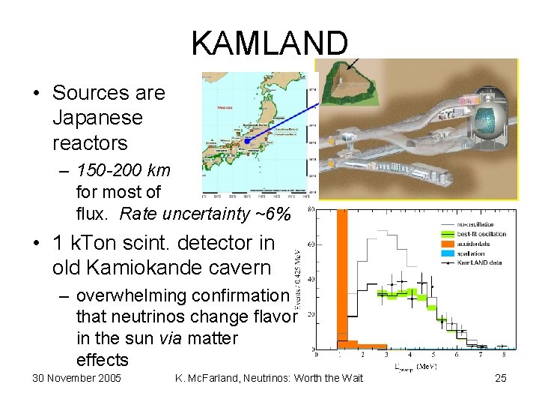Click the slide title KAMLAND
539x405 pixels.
tap(269, 43)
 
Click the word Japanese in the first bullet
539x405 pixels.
tap(97, 118)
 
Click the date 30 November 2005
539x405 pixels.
tap(77, 377)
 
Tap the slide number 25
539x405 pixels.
tap(501, 377)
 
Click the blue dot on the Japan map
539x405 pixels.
tap(246, 140)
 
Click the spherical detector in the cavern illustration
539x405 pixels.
tap(487, 120)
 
